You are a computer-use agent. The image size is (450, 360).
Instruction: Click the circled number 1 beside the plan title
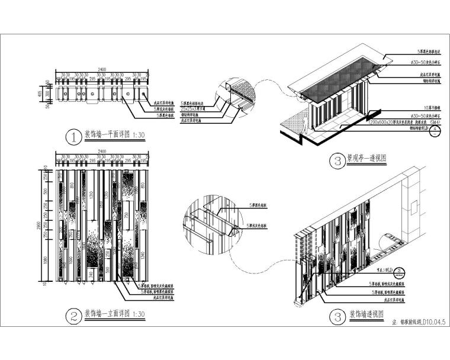(x=73, y=138)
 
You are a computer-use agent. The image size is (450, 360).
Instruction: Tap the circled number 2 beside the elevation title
(x=73, y=316)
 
